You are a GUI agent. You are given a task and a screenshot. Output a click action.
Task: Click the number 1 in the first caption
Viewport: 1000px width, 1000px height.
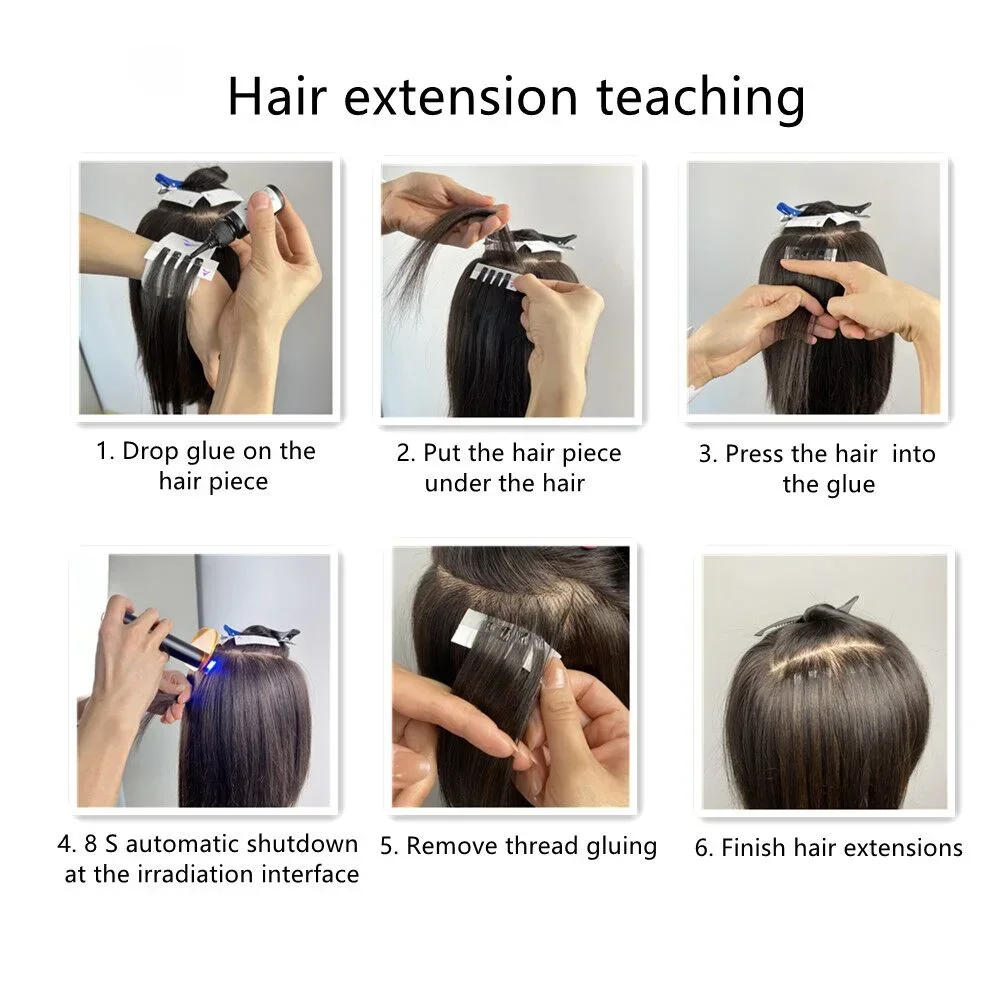tap(103, 451)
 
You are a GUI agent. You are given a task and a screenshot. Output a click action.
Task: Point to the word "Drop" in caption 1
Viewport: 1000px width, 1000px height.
tap(149, 451)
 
